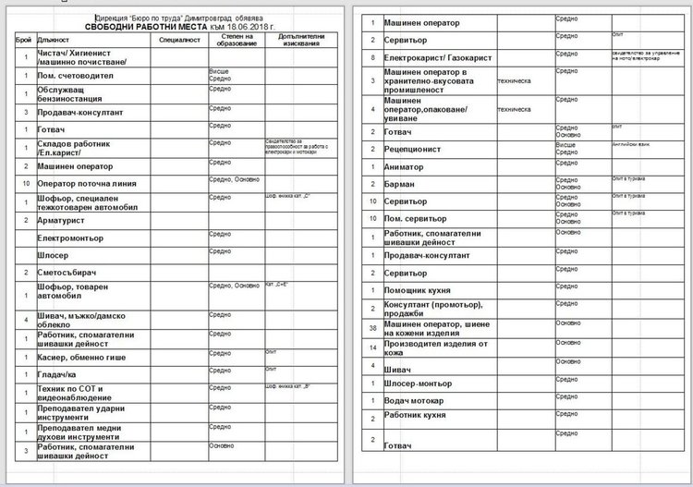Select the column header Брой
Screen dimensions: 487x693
click(x=23, y=41)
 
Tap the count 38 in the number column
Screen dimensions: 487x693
click(x=371, y=328)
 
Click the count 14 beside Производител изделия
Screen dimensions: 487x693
click(x=371, y=347)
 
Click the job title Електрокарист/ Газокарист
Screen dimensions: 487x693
click(x=438, y=57)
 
